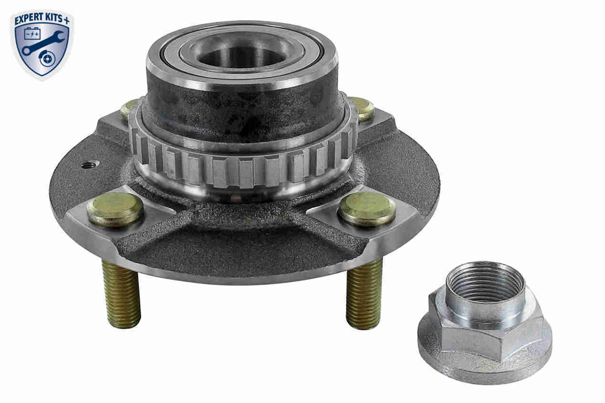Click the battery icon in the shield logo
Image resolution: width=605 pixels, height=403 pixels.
click(32, 34)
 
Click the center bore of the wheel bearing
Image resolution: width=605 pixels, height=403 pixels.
click(240, 57)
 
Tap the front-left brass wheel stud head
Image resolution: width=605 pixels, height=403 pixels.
click(115, 209)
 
